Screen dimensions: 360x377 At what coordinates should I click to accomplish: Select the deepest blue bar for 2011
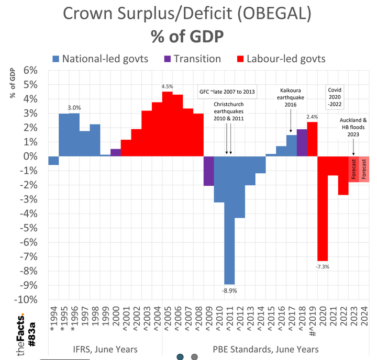point(229,220)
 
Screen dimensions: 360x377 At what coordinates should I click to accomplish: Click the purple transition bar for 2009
point(209,171)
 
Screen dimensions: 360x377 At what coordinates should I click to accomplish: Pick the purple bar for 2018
point(302,142)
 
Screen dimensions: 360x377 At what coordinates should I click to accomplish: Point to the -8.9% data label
point(229,290)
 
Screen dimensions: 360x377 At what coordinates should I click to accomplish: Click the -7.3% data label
point(323,267)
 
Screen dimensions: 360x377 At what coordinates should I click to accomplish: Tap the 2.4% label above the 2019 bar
point(312,117)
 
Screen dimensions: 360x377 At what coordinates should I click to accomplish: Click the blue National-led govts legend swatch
point(56,59)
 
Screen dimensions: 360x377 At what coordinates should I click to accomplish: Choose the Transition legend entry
point(192,59)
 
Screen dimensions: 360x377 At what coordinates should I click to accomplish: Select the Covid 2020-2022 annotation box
point(335,96)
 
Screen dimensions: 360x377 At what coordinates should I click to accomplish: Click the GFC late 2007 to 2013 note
point(228,91)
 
